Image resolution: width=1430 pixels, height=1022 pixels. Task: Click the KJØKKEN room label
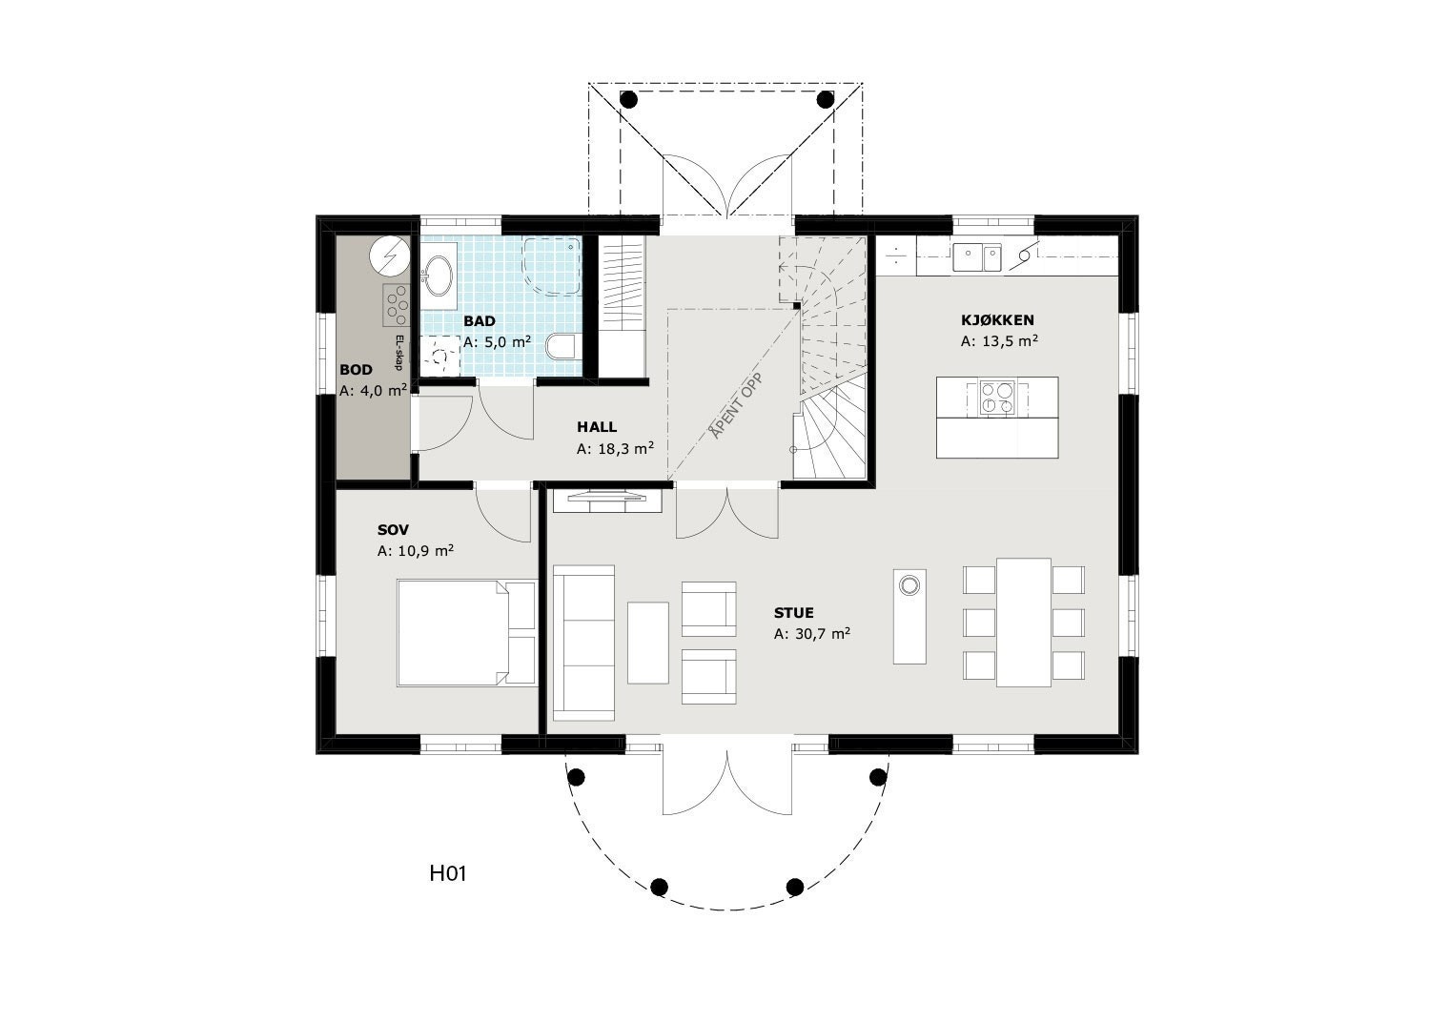pyautogui.click(x=997, y=320)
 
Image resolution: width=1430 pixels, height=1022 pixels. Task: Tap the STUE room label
pyautogui.click(x=793, y=613)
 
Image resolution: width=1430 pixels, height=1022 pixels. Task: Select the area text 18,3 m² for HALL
pyautogui.click(x=615, y=448)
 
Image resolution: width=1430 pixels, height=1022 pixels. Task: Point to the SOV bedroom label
pyautogui.click(x=393, y=530)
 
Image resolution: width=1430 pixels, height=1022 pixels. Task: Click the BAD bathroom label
pyautogui.click(x=480, y=321)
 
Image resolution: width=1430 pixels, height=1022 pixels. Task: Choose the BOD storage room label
pyautogui.click(x=356, y=370)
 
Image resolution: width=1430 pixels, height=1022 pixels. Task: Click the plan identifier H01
pyautogui.click(x=447, y=872)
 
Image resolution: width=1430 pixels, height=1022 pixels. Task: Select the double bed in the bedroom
pyautogui.click(x=466, y=632)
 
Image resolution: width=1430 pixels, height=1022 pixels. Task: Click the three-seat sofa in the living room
pyautogui.click(x=583, y=643)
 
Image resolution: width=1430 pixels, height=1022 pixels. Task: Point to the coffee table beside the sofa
pyautogui.click(x=648, y=642)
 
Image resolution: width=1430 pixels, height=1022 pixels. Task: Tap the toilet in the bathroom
pyautogui.click(x=562, y=346)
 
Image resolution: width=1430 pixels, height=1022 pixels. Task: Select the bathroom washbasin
pyautogui.click(x=440, y=276)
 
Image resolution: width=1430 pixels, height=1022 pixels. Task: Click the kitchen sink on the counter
pyautogui.click(x=976, y=255)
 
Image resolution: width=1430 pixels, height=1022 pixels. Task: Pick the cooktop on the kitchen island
pyautogui.click(x=998, y=399)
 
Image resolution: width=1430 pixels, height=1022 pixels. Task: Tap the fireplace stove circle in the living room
pyautogui.click(x=909, y=584)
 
